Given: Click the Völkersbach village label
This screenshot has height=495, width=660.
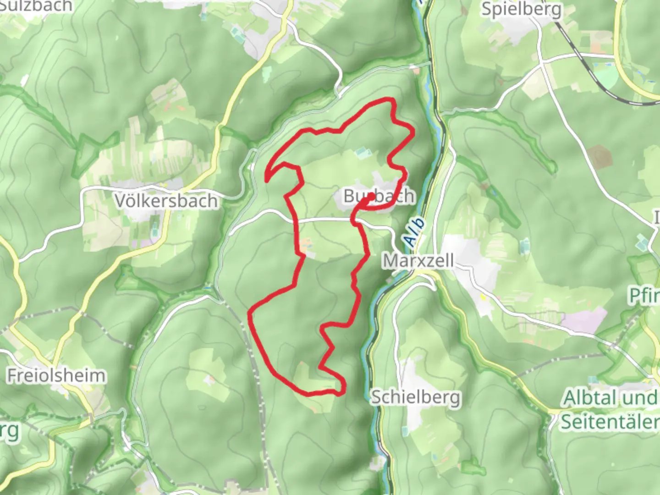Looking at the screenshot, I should [166, 201].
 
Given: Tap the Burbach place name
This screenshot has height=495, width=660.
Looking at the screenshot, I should [379, 196].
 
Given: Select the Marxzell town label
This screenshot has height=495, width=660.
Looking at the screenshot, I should [412, 261].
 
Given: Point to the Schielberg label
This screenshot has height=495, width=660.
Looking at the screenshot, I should [415, 397].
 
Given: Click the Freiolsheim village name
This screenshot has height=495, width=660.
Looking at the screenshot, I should [56, 376].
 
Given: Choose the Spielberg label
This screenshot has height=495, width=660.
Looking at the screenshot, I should [521, 9].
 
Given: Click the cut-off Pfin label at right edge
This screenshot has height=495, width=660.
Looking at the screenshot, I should [644, 296].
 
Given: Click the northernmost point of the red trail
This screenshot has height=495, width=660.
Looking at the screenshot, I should [388, 99].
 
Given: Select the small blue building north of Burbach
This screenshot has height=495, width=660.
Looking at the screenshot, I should [362, 151].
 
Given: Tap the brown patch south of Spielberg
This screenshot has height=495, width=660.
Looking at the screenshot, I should [601, 156].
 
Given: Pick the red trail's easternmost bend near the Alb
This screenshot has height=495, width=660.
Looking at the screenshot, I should [413, 132].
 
